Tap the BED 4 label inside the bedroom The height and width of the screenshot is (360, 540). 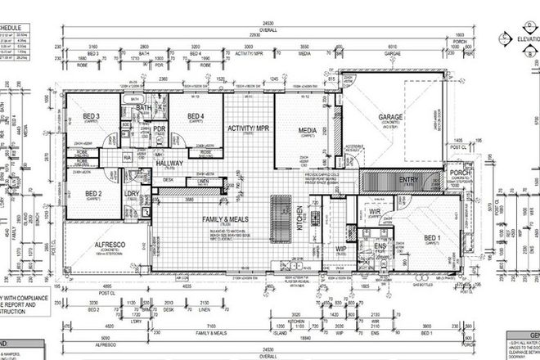coord(196,116)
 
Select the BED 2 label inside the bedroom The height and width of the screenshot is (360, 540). coord(93,194)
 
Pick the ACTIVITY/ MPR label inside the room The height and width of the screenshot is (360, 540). coord(249,128)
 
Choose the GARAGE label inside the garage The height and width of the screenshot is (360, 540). coord(389,117)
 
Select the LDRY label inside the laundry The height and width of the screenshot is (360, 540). coord(132,193)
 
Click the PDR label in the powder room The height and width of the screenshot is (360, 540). coord(160,128)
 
